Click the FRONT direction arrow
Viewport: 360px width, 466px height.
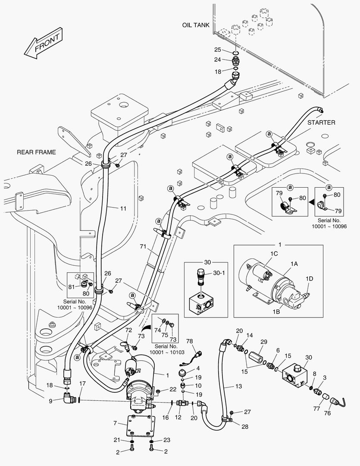click(42, 43)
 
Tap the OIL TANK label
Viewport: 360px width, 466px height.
click(195, 25)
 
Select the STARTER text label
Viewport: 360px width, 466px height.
click(321, 123)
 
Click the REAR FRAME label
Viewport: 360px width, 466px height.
click(36, 152)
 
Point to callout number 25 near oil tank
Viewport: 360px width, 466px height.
click(218, 50)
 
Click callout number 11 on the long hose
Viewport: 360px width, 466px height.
click(123, 208)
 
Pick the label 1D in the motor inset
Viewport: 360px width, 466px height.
click(309, 279)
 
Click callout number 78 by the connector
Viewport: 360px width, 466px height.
click(189, 341)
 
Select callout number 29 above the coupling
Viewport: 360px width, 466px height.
click(264, 342)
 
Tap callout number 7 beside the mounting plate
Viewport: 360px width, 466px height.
click(115, 423)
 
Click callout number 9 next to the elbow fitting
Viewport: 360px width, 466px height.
click(50, 401)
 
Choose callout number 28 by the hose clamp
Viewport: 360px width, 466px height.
click(245, 427)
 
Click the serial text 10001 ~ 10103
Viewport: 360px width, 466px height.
click(167, 353)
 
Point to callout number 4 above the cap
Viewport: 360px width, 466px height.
click(198, 368)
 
